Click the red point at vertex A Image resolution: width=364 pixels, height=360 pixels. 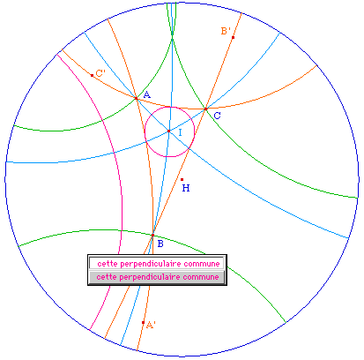point(136,98)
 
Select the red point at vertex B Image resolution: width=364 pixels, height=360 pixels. point(152,236)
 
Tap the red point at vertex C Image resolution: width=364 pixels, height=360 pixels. point(205,109)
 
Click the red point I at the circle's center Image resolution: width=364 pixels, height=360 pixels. point(169,131)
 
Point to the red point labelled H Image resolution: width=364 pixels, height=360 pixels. point(182,179)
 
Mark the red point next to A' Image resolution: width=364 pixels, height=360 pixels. point(143,323)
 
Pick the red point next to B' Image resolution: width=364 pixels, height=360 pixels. point(233,37)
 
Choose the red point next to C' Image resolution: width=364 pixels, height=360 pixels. point(92,76)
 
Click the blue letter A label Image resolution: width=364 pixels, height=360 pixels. point(147,94)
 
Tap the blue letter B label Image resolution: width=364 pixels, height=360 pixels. point(160,244)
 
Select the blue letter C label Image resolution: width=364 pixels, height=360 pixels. point(217,116)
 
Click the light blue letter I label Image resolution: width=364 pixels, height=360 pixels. point(180,132)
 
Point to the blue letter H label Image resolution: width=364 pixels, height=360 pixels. point(186,188)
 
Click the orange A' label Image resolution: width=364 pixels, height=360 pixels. point(151,325)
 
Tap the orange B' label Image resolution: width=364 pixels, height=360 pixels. point(226,31)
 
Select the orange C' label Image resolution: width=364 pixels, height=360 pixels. point(100,73)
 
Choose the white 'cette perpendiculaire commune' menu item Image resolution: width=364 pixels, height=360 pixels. point(158,263)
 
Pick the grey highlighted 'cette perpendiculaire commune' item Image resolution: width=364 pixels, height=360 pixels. point(158,277)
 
